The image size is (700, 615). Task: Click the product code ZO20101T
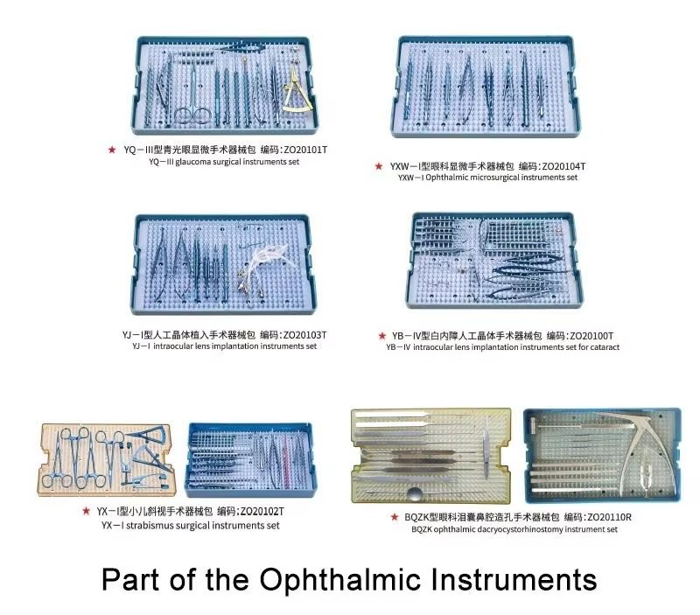coord(297,150)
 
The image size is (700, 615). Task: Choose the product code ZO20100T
coord(580,335)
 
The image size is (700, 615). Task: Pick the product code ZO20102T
coord(250,510)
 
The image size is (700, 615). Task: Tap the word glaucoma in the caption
coord(200,162)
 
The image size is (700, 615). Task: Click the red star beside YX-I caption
coord(86,510)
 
